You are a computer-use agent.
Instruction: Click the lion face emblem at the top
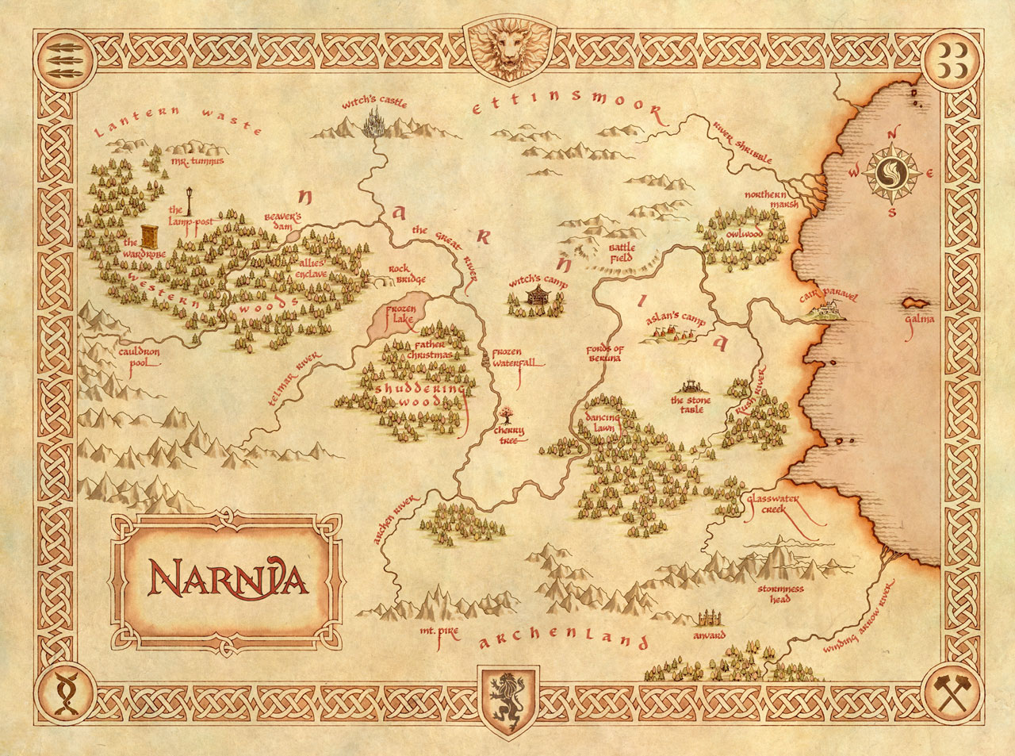(x=507, y=48)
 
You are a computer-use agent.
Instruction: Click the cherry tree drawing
(x=505, y=415)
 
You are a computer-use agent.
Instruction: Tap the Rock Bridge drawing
(x=381, y=279)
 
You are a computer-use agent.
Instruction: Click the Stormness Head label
(x=780, y=594)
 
